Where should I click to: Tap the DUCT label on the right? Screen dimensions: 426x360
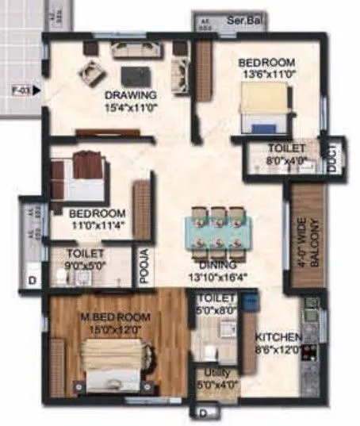coord(334,158)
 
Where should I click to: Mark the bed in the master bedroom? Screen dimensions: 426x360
coord(116,363)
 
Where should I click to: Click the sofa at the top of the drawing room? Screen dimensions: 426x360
coord(132,50)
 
